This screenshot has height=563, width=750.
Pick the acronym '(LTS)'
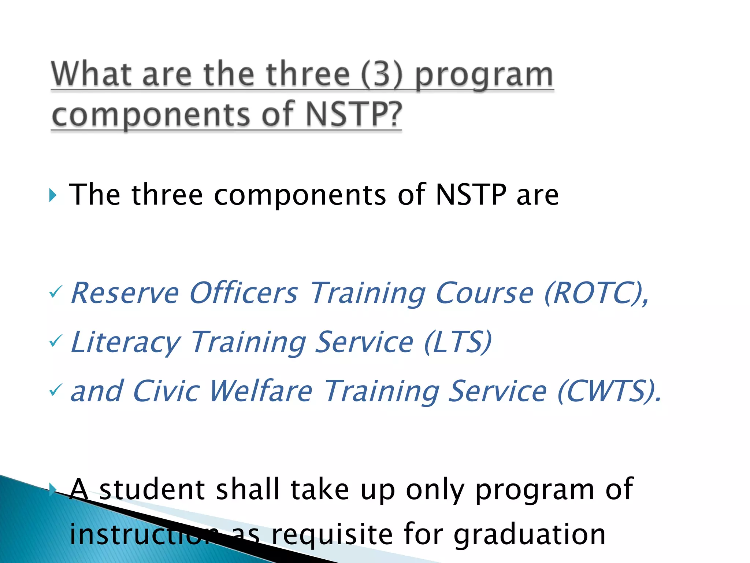pos(457,342)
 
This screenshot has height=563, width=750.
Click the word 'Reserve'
pos(125,293)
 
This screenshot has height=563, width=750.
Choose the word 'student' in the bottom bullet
pos(152,489)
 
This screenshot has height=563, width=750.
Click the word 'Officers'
pos(244,293)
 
